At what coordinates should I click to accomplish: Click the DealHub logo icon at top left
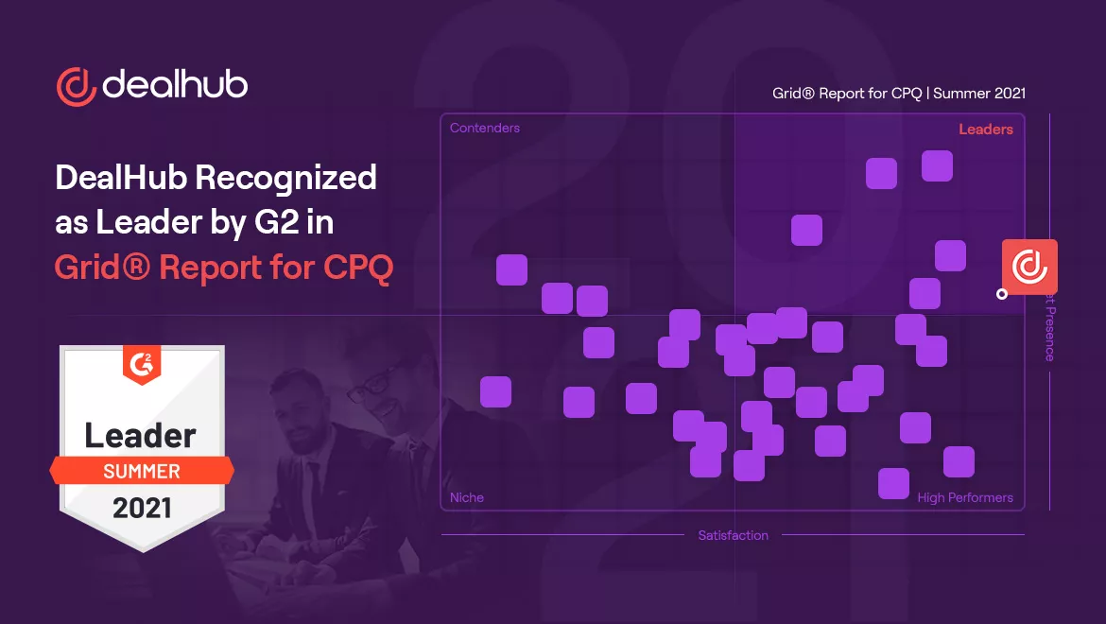coord(77,86)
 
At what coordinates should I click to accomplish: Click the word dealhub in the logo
coord(175,85)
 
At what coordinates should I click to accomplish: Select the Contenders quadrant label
coord(485,128)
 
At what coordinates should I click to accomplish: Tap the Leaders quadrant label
coord(986,130)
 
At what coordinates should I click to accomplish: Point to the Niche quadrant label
coord(467,497)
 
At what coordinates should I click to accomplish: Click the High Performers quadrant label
coord(965,497)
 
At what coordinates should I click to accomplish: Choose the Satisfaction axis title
coord(734,535)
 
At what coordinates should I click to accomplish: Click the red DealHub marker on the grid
coord(1029,267)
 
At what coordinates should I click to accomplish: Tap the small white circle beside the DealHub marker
coord(1002,294)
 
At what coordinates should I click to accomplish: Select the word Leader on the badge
coord(141,435)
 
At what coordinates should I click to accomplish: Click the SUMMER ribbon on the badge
coord(142,471)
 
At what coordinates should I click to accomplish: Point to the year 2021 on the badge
coord(142,508)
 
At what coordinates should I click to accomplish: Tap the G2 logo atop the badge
coord(142,360)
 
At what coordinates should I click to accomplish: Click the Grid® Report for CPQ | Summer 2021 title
coord(899,94)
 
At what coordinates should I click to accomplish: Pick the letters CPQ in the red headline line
coord(358,268)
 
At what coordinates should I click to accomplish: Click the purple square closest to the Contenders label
coord(511,269)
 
